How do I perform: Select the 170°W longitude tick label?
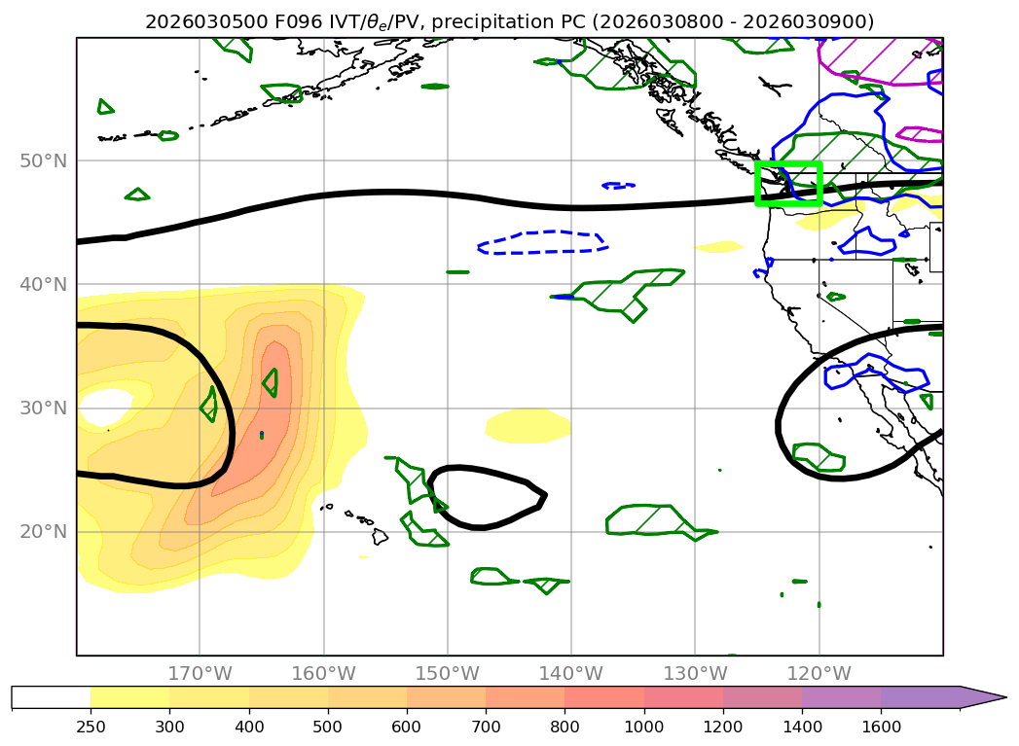pyautogui.click(x=200, y=674)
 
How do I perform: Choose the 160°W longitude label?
pyautogui.click(x=323, y=674)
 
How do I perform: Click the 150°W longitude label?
pyautogui.click(x=448, y=674)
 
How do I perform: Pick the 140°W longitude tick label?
pyautogui.click(x=571, y=674)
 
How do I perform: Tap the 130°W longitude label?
pyautogui.click(x=695, y=674)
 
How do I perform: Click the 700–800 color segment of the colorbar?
pyautogui.click(x=525, y=697)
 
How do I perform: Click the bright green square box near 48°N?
pyautogui.click(x=789, y=163)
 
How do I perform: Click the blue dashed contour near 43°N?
pyautogui.click(x=541, y=233)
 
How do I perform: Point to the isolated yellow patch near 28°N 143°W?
pyautogui.click(x=528, y=424)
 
